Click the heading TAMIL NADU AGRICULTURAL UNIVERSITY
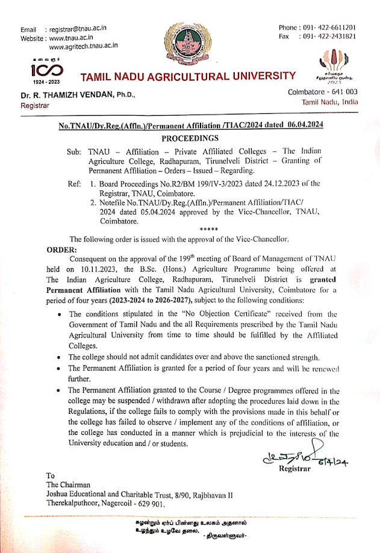coord(188,77)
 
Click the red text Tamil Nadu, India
coord(330,102)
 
